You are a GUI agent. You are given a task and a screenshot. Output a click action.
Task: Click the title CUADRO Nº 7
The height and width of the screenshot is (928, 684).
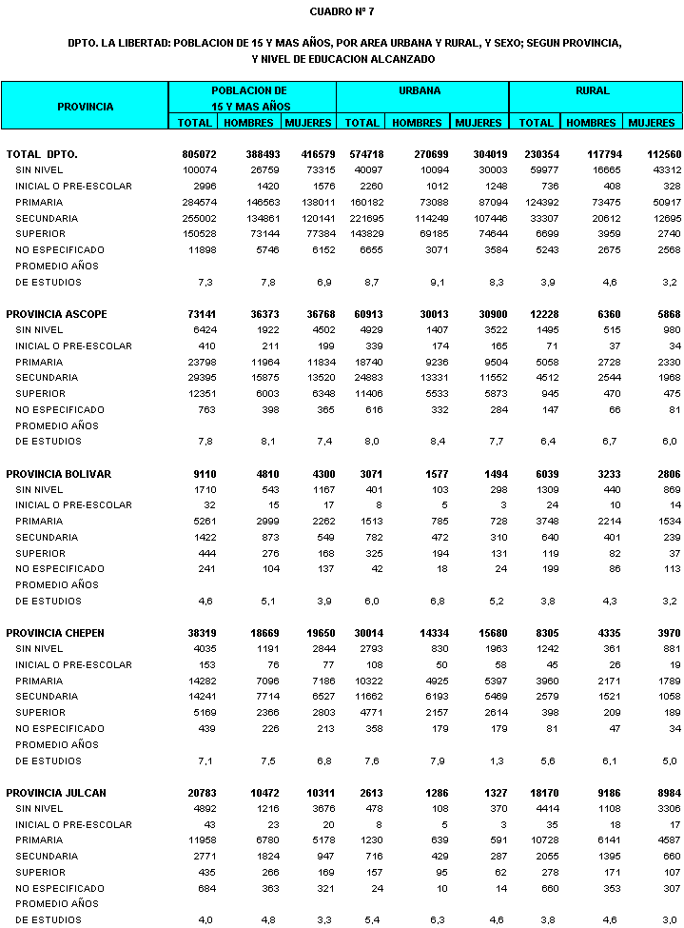pos(342,11)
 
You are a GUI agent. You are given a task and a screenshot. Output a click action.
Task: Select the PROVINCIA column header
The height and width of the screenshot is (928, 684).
pos(85,107)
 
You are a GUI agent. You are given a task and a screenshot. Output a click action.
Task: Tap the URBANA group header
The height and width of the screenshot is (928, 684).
pos(419,91)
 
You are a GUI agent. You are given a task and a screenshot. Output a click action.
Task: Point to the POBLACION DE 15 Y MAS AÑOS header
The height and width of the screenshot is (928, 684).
pos(250,98)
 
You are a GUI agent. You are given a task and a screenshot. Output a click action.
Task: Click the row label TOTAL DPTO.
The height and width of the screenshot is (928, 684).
pos(42,154)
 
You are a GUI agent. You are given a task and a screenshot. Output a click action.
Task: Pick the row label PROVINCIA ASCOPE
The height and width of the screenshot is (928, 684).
pos(57,314)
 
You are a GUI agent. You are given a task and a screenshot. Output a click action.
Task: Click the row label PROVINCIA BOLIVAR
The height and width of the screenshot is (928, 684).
pos(59,474)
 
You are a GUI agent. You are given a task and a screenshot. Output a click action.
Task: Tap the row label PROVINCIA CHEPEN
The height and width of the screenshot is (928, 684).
pos(56,633)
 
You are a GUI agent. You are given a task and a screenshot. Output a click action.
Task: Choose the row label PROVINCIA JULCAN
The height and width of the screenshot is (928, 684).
pos(56,793)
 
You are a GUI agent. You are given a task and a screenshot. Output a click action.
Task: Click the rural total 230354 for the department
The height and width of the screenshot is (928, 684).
pos(537,154)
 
